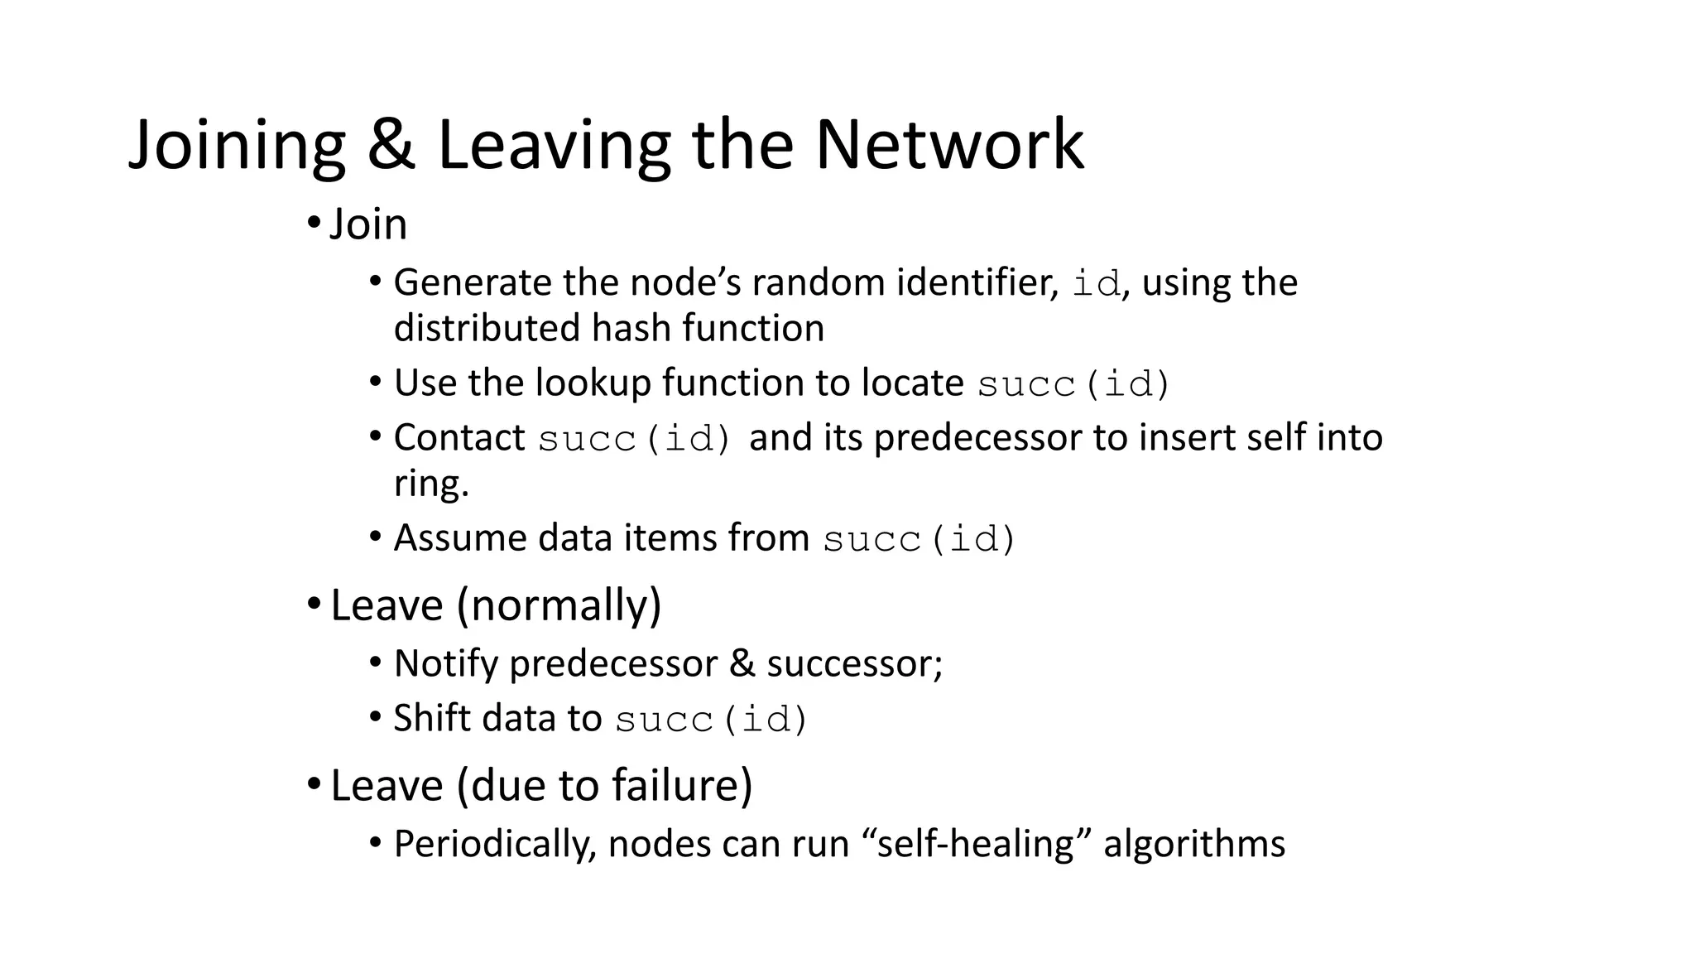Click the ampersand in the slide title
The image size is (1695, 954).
pyautogui.click(x=391, y=146)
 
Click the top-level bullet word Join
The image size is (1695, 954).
pyautogui.click(x=368, y=224)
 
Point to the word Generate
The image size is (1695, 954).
pyautogui.click(x=474, y=283)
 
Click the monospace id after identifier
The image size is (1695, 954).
pyautogui.click(x=1097, y=284)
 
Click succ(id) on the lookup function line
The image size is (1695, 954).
pyautogui.click(x=1073, y=384)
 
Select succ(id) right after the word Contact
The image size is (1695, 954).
pyautogui.click(x=634, y=439)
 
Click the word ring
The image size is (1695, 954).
pyautogui.click(x=430, y=484)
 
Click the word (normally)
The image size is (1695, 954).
pyautogui.click(x=559, y=605)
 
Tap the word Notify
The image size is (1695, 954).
pyautogui.click(x=445, y=663)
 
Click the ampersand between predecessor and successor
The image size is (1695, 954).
pyautogui.click(x=742, y=663)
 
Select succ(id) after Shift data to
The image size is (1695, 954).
pyautogui.click(x=711, y=719)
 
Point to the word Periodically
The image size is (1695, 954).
pyautogui.click(x=495, y=844)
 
